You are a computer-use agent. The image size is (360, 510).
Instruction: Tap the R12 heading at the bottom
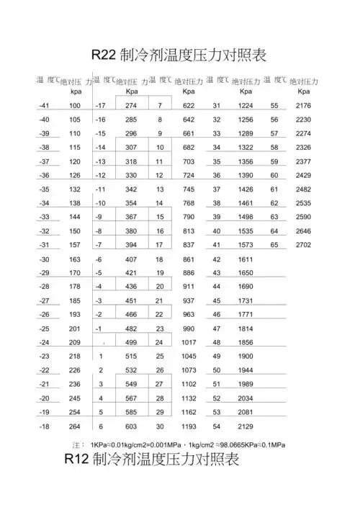(x=150, y=460)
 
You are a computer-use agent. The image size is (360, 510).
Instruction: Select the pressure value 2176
(x=303, y=106)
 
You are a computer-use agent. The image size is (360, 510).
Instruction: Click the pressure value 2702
(x=303, y=245)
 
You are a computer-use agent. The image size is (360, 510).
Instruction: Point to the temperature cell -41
(x=44, y=106)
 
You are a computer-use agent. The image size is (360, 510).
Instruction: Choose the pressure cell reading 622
(x=189, y=106)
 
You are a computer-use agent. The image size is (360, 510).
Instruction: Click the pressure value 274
(x=132, y=106)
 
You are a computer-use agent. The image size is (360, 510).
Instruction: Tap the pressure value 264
(x=74, y=426)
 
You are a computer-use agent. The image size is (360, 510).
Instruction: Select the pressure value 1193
(x=189, y=426)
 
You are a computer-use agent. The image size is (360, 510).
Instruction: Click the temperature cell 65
(x=274, y=245)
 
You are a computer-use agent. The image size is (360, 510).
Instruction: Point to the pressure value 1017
(x=189, y=342)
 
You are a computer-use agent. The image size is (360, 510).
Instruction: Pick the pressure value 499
(x=132, y=342)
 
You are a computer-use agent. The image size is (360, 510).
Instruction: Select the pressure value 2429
(x=303, y=175)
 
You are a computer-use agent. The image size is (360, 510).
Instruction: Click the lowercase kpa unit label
(x=76, y=92)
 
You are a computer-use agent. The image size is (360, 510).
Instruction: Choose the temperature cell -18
(x=44, y=426)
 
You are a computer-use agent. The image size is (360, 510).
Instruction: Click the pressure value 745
(x=189, y=189)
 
